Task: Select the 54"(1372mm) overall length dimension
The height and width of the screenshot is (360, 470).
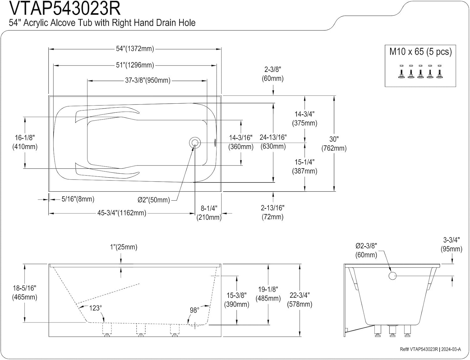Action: click(135, 49)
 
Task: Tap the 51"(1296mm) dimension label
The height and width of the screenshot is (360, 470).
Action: click(135, 65)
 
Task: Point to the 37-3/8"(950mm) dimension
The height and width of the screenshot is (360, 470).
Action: click(148, 80)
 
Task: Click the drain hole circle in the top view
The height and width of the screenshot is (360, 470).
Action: click(195, 143)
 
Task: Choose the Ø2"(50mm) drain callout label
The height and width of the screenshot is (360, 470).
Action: click(154, 200)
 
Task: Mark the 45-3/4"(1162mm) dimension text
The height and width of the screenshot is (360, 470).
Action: click(122, 213)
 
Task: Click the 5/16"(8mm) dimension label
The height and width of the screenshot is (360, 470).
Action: click(78, 199)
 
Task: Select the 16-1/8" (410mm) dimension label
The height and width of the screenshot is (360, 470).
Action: click(25, 142)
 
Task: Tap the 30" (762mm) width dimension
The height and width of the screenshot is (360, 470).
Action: click(334, 144)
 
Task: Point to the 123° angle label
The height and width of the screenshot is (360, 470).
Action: click(95, 308)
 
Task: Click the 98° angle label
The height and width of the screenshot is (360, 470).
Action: click(194, 310)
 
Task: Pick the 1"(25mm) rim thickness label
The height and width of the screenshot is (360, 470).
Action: click(123, 247)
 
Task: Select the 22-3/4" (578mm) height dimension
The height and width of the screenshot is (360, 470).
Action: click(300, 300)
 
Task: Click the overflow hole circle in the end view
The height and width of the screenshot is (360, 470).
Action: click(393, 276)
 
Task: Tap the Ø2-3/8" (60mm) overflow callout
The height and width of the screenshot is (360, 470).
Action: click(366, 250)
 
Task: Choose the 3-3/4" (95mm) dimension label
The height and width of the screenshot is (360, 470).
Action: click(451, 244)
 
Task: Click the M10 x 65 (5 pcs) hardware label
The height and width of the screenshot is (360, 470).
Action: click(420, 52)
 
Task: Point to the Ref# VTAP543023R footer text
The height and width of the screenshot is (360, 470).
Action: click(419, 349)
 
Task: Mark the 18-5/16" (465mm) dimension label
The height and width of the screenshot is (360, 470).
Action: click(25, 292)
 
